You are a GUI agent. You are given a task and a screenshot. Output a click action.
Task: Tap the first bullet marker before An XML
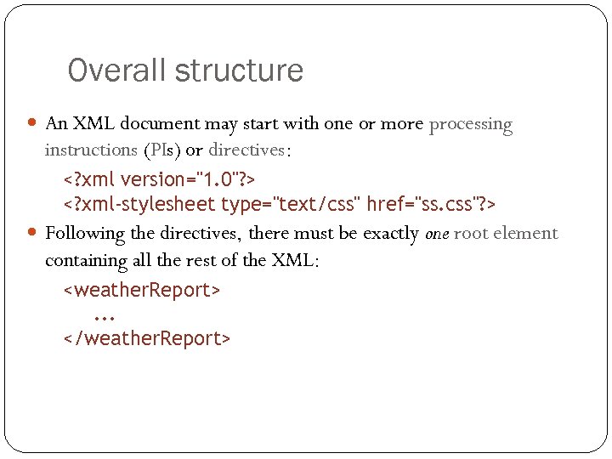click(33, 123)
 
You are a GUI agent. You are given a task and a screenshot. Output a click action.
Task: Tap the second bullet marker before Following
click(33, 232)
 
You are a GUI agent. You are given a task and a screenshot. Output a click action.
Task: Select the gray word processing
click(471, 125)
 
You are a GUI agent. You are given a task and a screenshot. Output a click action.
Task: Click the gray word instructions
click(91, 150)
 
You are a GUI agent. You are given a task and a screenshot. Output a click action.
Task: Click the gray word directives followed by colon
click(247, 150)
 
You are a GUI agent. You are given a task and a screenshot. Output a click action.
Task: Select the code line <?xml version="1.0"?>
click(160, 179)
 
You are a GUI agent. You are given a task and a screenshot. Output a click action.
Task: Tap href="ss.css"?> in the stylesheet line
click(431, 205)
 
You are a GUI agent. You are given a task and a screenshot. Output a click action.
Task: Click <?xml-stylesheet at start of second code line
click(139, 205)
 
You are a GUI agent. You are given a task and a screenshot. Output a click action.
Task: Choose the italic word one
click(436, 234)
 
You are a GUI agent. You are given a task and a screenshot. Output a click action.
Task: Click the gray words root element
click(506, 234)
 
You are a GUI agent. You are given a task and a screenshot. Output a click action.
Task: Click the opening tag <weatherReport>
click(142, 290)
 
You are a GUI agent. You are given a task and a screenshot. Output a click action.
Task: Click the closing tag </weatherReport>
click(147, 338)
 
